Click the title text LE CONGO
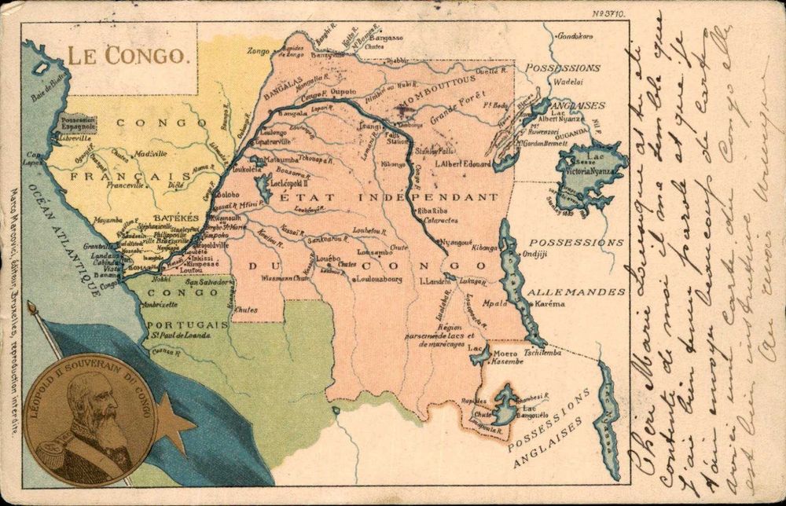(126, 56)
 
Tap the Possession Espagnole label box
(78, 123)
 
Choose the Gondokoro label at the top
(578, 36)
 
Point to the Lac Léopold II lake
(260, 185)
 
